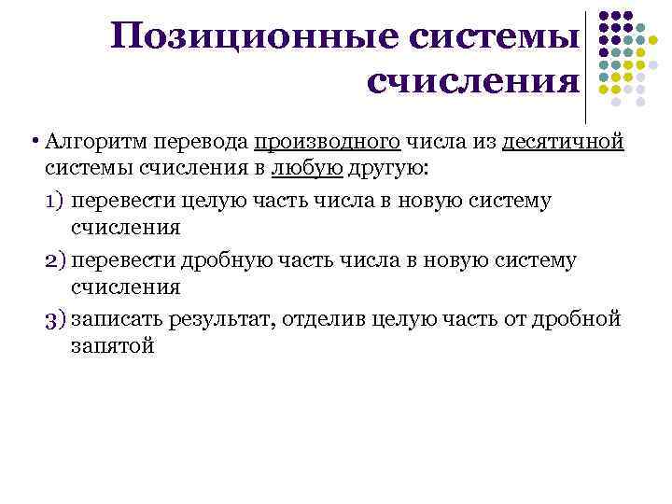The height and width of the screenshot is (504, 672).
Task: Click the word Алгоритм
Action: coord(88,143)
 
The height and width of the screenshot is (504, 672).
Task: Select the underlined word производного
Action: coord(327,143)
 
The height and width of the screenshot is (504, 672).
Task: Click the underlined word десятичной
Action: coord(563,143)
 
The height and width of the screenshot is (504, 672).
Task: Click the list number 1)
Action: coord(54,201)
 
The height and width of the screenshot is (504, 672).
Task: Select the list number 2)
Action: coord(54,259)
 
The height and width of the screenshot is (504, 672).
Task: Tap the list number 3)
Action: coord(54,319)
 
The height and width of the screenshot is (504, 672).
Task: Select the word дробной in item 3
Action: coord(573,319)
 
